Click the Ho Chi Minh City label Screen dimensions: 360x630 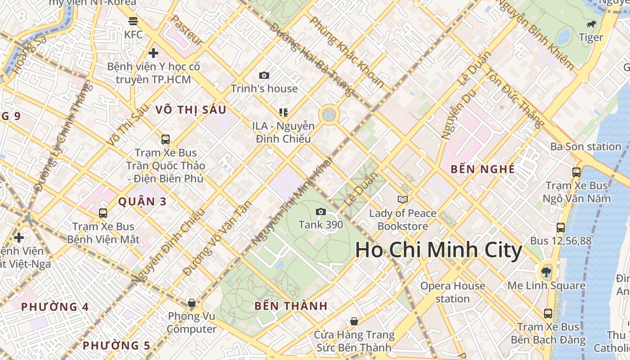point(439,250)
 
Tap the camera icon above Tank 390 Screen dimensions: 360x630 point(321,211)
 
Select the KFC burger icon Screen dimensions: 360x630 point(133,21)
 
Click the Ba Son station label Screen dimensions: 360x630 point(585,147)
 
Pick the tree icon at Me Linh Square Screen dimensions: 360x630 point(546,271)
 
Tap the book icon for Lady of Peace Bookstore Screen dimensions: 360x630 point(403,199)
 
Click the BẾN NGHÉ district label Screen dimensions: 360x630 point(482,169)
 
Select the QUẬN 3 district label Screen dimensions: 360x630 point(142,202)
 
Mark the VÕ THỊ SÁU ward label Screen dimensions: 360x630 point(190,110)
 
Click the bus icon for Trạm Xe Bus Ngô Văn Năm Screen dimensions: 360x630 point(576,172)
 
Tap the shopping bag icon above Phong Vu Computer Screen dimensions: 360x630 point(192,303)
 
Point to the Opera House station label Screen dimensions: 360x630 point(453,292)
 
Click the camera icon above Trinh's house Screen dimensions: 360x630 point(264,76)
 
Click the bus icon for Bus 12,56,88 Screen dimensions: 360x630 point(561,228)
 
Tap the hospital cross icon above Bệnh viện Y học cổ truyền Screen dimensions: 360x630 point(153,53)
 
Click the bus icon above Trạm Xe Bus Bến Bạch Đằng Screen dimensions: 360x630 point(548,313)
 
